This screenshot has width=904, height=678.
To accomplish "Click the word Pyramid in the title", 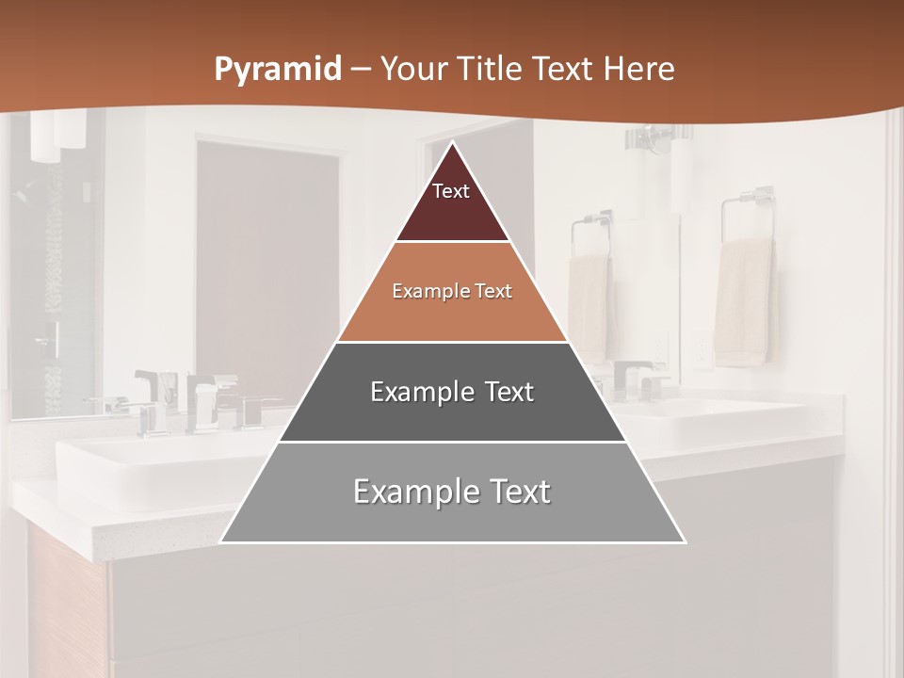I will click(277, 70).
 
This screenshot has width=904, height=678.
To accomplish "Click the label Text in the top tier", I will click(450, 191).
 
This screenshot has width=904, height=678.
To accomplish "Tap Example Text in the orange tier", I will click(452, 291).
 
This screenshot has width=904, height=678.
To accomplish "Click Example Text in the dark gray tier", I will click(452, 392).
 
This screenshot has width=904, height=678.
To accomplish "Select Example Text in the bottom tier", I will click(452, 492).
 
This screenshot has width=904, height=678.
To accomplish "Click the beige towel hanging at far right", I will click(744, 301).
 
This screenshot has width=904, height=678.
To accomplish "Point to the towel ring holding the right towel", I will click(748, 213).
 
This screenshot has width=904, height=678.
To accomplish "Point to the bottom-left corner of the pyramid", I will click(220, 542).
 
